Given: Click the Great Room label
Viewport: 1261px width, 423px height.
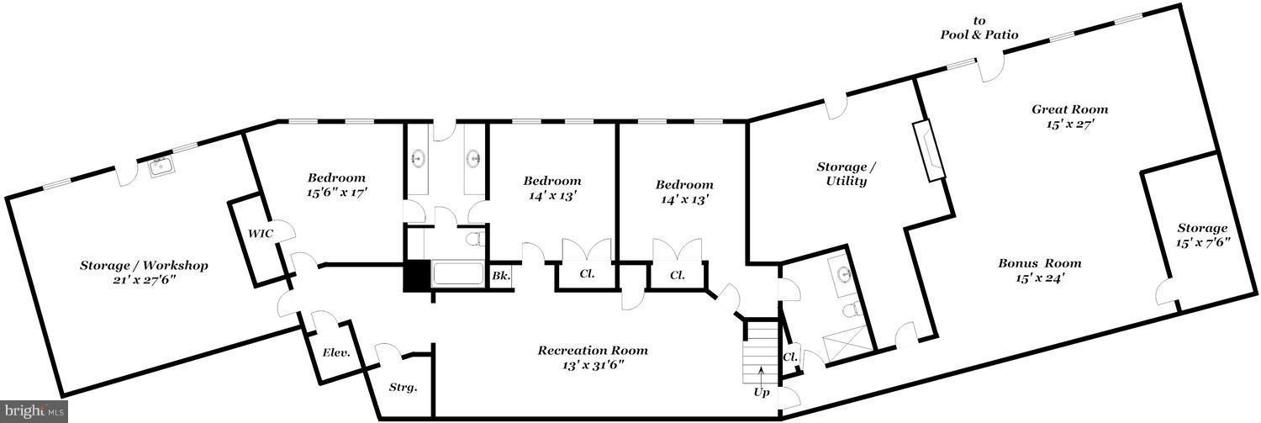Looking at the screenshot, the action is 1069,109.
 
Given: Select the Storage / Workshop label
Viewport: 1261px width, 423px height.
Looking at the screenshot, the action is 144,265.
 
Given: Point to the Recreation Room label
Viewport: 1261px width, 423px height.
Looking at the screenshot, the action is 593,351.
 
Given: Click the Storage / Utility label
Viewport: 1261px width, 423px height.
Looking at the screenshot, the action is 846,173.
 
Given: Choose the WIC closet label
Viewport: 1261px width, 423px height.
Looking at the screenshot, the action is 261,233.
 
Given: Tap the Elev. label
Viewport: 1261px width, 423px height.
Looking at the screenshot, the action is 336,353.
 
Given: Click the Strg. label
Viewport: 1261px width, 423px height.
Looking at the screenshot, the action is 403,388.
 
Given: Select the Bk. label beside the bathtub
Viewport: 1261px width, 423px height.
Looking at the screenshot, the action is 501,276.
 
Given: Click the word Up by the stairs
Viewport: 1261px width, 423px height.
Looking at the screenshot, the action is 762,393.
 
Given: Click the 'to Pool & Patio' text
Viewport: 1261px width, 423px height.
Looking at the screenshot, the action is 979,28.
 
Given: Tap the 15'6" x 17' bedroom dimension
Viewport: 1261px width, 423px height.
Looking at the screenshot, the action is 336,193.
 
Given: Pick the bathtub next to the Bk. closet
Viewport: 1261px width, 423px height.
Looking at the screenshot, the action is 457,274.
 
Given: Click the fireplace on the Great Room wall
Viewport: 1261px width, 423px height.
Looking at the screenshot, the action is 928,151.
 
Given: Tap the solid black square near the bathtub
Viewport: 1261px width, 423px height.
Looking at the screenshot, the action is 416,277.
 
